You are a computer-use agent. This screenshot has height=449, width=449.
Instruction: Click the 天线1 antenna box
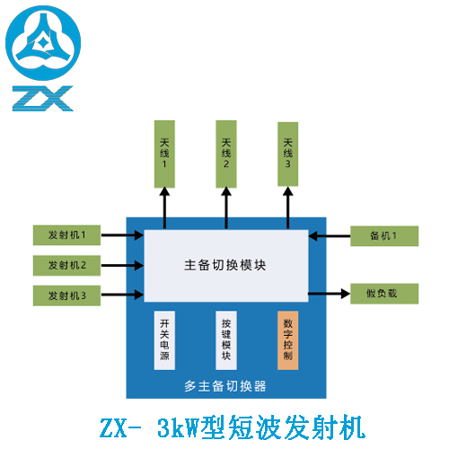point(164,154)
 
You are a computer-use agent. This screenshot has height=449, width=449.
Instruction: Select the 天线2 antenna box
point(226,154)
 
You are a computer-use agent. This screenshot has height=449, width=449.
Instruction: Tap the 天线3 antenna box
point(288,154)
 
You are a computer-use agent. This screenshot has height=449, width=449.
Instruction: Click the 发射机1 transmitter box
point(66,235)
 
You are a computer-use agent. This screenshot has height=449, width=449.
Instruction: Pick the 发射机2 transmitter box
point(66,266)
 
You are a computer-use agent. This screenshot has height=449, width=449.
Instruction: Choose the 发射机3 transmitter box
point(66,295)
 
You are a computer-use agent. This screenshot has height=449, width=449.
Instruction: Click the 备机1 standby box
point(384,236)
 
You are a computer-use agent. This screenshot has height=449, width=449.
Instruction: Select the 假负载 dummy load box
point(384,294)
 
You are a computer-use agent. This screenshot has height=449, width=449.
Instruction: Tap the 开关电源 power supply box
point(164,340)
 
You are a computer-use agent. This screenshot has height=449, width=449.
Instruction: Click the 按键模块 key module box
point(226,340)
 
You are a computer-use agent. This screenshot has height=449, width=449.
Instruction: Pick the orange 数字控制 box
point(288,340)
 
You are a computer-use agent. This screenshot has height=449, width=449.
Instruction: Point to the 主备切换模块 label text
point(225,265)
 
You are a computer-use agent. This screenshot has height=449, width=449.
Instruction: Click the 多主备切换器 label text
point(225,386)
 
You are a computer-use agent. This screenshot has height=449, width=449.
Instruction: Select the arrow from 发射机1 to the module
point(122,235)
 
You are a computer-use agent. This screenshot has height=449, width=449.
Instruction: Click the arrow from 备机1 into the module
point(330,236)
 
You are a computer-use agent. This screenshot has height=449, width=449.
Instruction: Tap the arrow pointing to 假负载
point(330,294)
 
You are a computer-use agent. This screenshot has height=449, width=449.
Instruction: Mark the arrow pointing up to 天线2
point(226,208)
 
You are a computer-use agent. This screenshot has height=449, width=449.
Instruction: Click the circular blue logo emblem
point(43,43)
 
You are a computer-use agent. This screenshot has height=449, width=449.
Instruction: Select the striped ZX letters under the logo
point(43,99)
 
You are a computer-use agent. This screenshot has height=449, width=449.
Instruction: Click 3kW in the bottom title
point(179,428)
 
